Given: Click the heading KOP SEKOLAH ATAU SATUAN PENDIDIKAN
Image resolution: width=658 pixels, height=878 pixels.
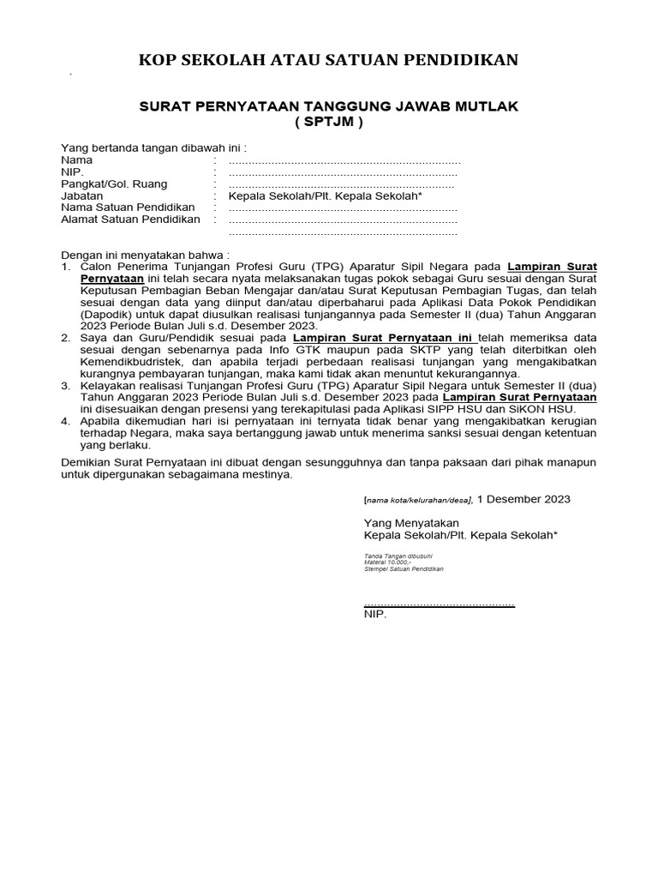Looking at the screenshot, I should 329,60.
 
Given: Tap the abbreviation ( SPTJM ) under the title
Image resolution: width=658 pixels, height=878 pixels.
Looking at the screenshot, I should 329,122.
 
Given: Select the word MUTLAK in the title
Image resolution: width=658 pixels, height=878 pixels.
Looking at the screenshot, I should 488,106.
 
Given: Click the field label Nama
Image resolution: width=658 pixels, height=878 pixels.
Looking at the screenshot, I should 77,160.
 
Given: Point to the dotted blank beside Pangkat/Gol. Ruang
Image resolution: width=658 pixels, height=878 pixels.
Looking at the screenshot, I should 342,184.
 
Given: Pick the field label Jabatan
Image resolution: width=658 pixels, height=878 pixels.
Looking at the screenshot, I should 82,196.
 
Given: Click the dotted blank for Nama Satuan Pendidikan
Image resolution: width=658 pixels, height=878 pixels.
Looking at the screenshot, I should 343,208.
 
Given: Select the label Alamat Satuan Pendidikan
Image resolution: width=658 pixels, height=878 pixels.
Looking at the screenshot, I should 130,219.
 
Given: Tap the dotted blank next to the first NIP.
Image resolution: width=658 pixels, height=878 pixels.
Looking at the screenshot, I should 343,172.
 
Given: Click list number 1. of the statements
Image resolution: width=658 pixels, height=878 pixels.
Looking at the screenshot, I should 66,267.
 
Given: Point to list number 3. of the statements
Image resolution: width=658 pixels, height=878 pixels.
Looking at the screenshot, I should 66,387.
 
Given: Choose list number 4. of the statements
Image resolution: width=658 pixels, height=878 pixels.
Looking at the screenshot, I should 66,422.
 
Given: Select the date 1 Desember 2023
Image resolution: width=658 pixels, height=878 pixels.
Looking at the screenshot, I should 523,499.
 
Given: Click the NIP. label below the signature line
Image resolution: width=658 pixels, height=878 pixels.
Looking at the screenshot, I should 375,615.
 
